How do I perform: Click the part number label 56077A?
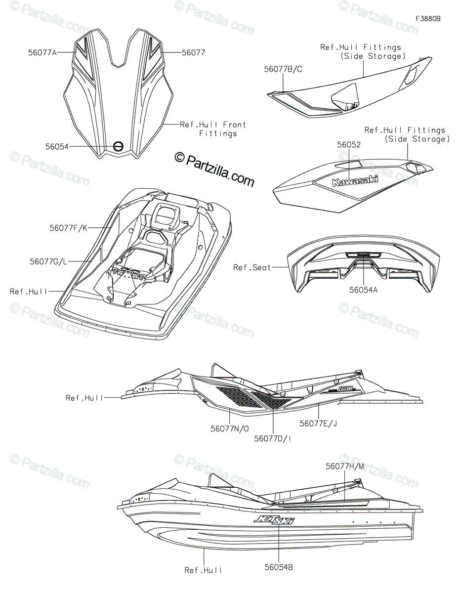click(42, 51)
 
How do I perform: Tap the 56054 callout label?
click(56, 146)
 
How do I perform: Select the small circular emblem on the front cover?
click(118, 146)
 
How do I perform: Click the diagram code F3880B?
click(428, 19)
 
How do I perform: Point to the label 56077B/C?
click(283, 69)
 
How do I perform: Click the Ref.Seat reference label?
click(252, 267)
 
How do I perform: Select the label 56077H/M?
click(345, 466)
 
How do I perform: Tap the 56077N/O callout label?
click(228, 428)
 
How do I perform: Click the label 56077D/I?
click(273, 438)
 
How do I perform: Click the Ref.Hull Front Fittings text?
click(213, 129)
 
